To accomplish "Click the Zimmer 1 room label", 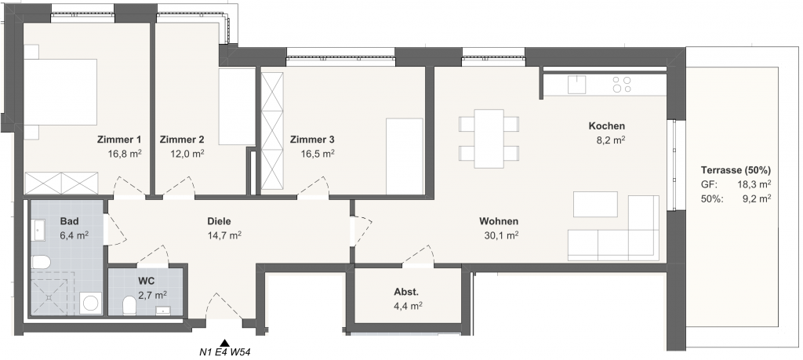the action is [x=119, y=140].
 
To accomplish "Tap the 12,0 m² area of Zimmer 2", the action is [x=187, y=154].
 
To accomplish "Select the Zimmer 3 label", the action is [x=312, y=140].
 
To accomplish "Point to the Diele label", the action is [x=220, y=222].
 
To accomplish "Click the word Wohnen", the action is [x=499, y=222].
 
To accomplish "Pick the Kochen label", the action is [x=607, y=126].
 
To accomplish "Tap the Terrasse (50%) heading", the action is [x=736, y=170].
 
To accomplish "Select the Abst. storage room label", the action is [x=406, y=293].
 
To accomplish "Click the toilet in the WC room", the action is [x=129, y=307].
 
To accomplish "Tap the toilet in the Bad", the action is [x=41, y=263].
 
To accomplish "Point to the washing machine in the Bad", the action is [x=91, y=304].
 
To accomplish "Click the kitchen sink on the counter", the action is [x=576, y=85].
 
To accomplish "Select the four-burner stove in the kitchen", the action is [x=622, y=85].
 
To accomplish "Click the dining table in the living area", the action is [x=489, y=139].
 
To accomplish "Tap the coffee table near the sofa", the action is [x=595, y=205].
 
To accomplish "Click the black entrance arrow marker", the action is [x=224, y=343].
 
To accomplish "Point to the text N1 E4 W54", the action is [x=225, y=352].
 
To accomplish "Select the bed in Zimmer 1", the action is [x=60, y=93].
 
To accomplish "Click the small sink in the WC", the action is [x=164, y=310].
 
